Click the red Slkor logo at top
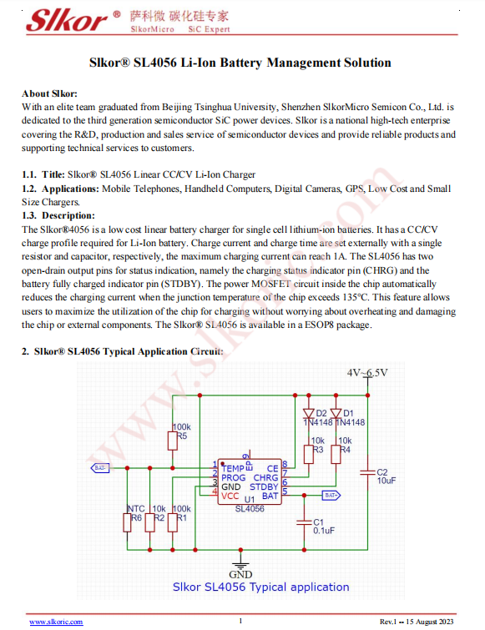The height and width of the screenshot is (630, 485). pos(68,20)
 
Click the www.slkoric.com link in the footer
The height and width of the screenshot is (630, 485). pos(56,622)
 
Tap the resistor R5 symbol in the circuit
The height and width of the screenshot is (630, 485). pos(173,441)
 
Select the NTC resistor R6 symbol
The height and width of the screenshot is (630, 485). pos(127,522)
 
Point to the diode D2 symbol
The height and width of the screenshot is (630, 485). pos(308,413)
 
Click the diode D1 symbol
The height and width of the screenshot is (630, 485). pos(336,413)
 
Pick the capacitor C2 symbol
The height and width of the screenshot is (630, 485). pos(367,472)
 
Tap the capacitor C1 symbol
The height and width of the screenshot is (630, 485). pos(304,522)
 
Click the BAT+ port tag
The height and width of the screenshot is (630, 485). pos(331,496)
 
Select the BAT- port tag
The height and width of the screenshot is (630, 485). pos(100,468)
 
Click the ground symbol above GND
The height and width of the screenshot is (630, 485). pos(240,561)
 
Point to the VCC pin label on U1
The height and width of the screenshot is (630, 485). pos(230,496)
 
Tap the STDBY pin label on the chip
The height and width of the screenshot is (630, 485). pos(264,487)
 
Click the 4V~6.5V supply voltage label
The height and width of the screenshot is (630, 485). pos(367,373)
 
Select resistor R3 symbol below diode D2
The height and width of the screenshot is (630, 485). pos(308,455)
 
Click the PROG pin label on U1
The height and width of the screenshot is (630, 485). pos(234,478)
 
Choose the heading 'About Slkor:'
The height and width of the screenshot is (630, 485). pos(49,93)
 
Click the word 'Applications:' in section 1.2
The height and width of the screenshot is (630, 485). pos(70,189)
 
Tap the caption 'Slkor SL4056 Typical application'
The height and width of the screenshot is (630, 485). pos(260,587)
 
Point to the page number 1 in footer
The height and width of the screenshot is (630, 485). pos(240,621)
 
